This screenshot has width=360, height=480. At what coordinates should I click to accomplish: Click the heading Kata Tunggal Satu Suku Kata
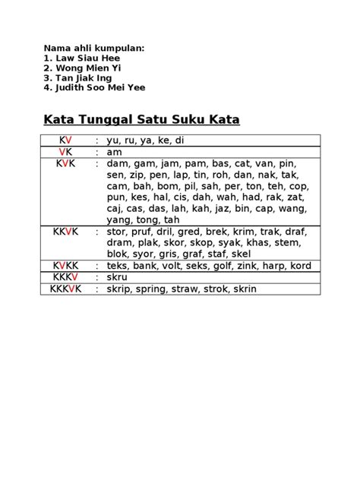141,120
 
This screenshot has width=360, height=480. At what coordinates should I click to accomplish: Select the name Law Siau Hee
79,57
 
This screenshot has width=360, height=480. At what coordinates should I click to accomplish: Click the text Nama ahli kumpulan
94,47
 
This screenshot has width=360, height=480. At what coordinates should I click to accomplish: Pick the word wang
293,209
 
